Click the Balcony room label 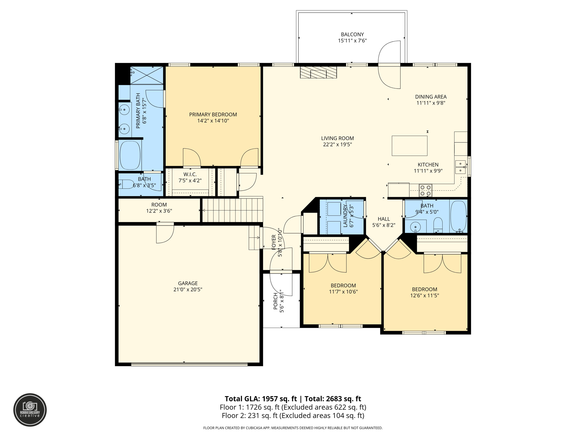[x=352, y=34]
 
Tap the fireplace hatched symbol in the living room [x=318, y=72]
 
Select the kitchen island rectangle [x=409, y=146]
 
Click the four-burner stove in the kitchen [x=425, y=190]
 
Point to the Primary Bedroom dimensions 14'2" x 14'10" [x=213, y=121]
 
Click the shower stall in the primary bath [x=147, y=75]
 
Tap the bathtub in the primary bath [x=130, y=155]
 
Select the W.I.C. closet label [x=190, y=174]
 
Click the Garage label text [x=188, y=283]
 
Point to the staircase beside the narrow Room [x=233, y=210]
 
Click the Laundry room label [x=345, y=216]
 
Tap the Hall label [x=384, y=219]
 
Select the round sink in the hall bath [x=415, y=227]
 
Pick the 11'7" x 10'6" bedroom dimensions [x=343, y=292]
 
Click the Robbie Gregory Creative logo [x=30, y=410]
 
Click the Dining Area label [x=431, y=97]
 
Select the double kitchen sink [x=460, y=167]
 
